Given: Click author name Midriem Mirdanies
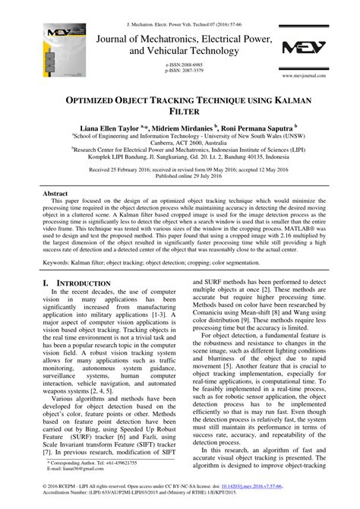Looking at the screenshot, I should click(184, 131).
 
